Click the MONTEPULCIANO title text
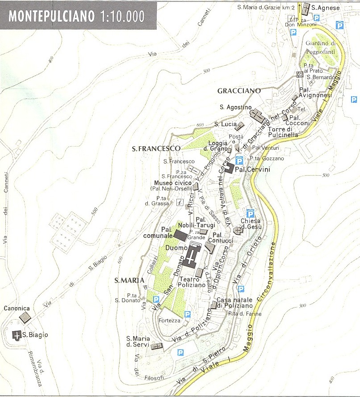[x=51, y=16]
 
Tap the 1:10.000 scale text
[x=123, y=16]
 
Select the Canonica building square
[x=25, y=317]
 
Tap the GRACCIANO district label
[x=239, y=91]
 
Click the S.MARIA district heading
[x=130, y=280]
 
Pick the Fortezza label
[x=170, y=321]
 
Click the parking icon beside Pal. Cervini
[x=239, y=160]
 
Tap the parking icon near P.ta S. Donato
[x=156, y=299]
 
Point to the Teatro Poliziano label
[x=193, y=282]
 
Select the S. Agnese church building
[x=306, y=9]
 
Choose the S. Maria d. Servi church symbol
[x=157, y=346]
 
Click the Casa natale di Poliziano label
[x=234, y=303]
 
